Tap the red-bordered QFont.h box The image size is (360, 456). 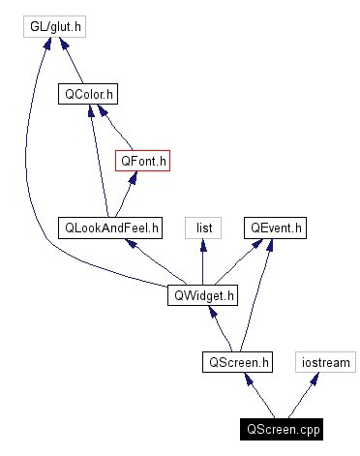click(x=143, y=161)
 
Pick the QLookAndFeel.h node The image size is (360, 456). click(x=110, y=228)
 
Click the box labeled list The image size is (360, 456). click(x=204, y=228)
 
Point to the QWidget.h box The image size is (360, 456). click(x=202, y=295)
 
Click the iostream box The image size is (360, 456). click(x=324, y=362)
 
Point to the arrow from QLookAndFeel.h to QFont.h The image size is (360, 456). click(x=127, y=195)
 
